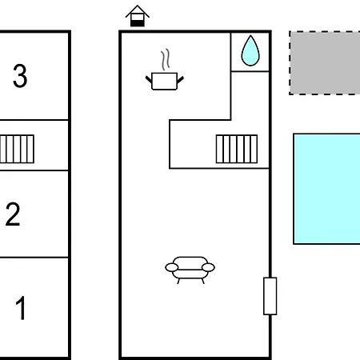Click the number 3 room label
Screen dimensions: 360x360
(20, 76)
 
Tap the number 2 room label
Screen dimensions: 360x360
(13, 214)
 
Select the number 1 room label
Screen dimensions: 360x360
(21, 308)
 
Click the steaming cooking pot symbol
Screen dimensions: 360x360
(165, 70)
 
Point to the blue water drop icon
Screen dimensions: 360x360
(250, 50)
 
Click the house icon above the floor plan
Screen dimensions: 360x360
(138, 16)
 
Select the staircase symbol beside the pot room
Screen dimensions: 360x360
(237, 149)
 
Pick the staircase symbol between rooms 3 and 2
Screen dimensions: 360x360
(17, 149)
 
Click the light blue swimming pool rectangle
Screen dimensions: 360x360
(326, 189)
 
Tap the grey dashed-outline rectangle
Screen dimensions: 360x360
(325, 62)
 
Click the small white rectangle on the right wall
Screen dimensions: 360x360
(270, 296)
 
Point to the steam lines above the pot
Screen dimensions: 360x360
(166, 59)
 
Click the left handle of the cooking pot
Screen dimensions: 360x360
(149, 79)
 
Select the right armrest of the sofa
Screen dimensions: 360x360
(208, 267)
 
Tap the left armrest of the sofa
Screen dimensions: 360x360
(172, 267)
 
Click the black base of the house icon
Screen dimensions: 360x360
(138, 23)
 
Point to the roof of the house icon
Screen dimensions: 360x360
(138, 11)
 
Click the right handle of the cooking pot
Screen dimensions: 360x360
(181, 79)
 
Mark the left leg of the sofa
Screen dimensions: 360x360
(178, 281)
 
